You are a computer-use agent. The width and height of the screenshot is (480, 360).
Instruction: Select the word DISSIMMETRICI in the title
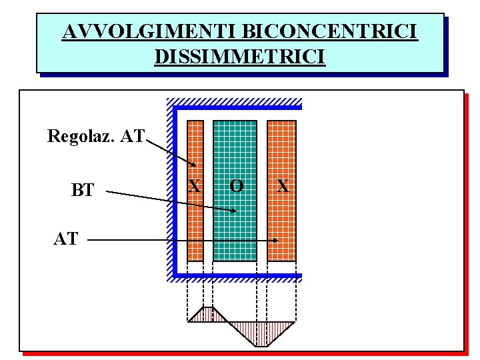[x=239, y=56]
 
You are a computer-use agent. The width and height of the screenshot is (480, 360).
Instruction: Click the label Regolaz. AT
[x=95, y=137]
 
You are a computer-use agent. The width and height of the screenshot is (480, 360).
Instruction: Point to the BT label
[x=83, y=191]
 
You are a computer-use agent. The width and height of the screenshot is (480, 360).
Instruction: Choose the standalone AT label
[x=65, y=239]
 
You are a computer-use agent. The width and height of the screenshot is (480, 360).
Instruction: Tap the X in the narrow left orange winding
[x=194, y=185]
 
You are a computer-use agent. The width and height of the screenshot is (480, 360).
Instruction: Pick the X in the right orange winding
[x=283, y=185]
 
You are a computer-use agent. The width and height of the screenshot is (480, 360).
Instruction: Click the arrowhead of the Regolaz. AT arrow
[x=193, y=165]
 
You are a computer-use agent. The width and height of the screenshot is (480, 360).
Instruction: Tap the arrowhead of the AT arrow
[x=276, y=240]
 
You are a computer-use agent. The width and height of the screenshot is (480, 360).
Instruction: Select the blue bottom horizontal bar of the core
[x=237, y=275]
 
